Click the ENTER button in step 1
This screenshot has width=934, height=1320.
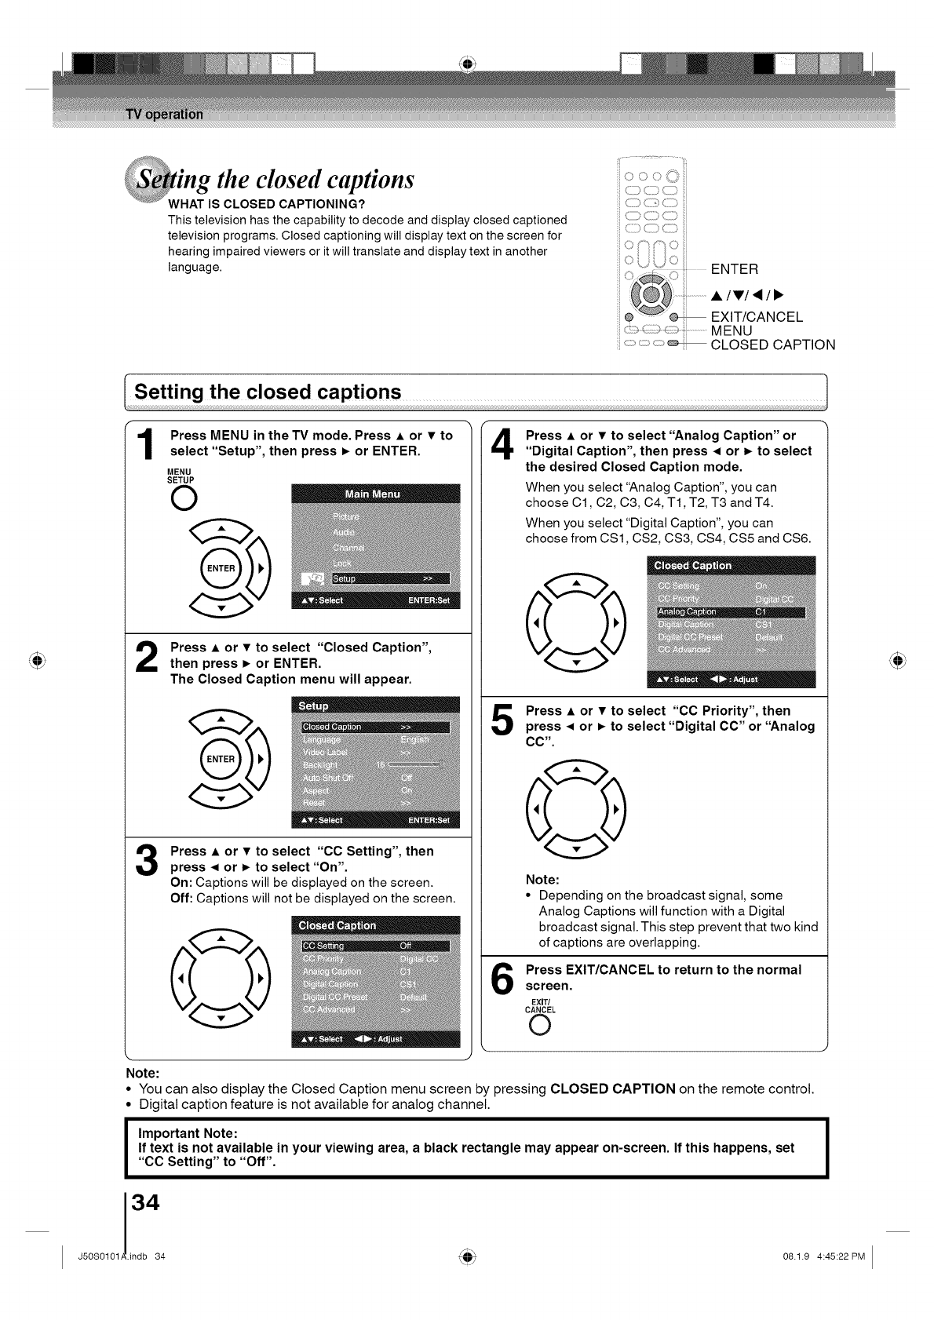point(221,568)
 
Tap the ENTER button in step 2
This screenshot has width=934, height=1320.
point(221,759)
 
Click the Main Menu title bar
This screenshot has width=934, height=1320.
point(374,494)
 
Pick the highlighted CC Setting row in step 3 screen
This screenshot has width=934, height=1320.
point(375,946)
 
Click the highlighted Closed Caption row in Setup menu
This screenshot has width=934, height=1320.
point(375,727)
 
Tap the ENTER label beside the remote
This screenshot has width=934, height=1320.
point(734,270)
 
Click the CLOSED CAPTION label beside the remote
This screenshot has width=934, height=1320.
point(772,345)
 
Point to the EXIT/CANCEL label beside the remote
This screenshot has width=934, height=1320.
point(756,317)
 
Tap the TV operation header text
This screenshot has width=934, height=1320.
point(164,115)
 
